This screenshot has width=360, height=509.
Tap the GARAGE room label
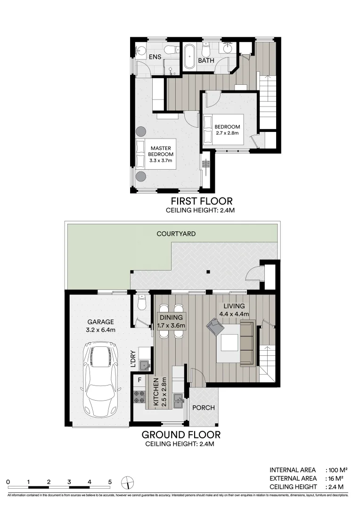point(100,322)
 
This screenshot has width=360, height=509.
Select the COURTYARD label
point(176,234)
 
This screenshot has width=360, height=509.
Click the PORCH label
point(204,408)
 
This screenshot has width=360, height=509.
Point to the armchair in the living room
point(215,327)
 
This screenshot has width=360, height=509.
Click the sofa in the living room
point(247,343)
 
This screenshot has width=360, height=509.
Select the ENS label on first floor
point(155,57)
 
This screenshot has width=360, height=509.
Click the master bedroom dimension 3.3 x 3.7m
point(161,161)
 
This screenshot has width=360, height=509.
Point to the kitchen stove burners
point(139,396)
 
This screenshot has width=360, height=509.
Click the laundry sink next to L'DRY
point(144,364)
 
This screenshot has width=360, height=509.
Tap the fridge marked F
point(139,379)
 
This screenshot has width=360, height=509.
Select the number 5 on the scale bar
point(110,482)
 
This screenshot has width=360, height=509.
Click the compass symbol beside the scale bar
point(127,482)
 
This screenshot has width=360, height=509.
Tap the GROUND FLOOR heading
point(181,435)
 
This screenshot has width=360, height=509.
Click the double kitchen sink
point(178,402)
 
